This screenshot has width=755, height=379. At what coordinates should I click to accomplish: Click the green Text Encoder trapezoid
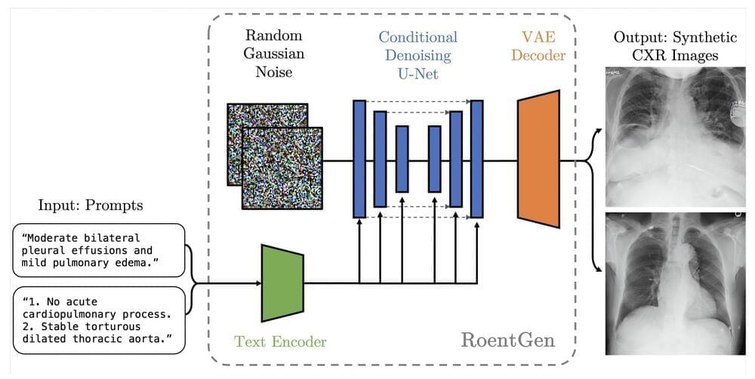pyautogui.click(x=282, y=283)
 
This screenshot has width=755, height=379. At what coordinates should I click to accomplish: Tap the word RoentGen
pyautogui.click(x=507, y=340)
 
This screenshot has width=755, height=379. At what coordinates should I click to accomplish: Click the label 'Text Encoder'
pyautogui.click(x=280, y=342)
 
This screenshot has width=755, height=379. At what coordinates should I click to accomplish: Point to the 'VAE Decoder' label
pyautogui.click(x=538, y=45)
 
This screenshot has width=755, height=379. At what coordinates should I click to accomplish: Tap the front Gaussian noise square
pyautogui.click(x=282, y=168)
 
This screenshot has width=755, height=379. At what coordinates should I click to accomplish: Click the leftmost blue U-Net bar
pyautogui.click(x=359, y=159)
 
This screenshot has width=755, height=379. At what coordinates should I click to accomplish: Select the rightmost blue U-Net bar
pyautogui.click(x=476, y=159)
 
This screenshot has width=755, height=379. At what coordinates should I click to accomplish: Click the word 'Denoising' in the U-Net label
pyautogui.click(x=418, y=55)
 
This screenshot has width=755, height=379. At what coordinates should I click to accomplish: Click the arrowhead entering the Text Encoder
pyautogui.click(x=257, y=283)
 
